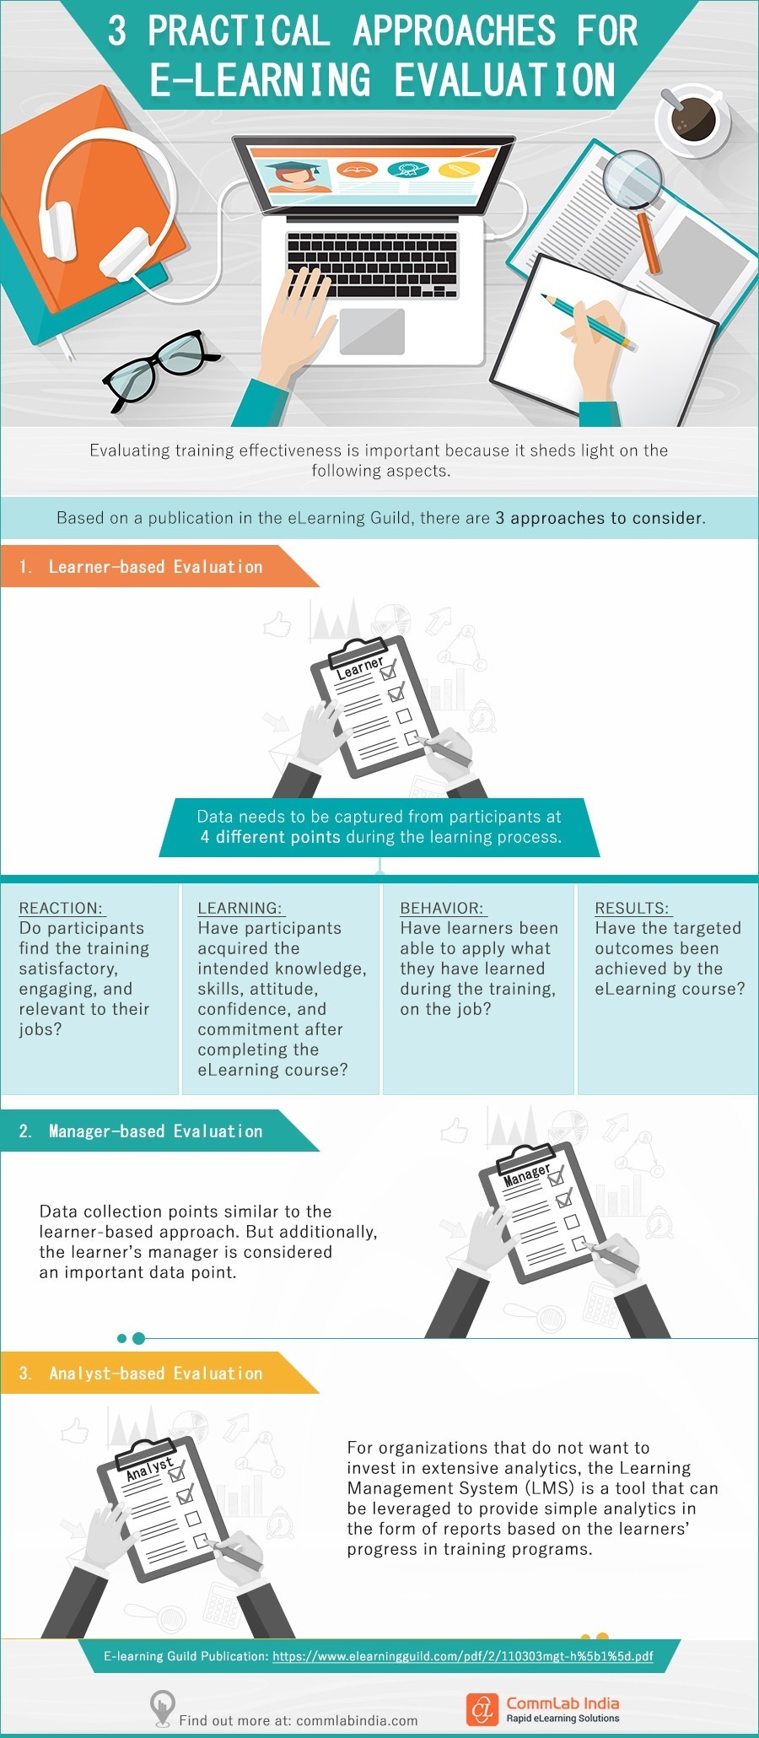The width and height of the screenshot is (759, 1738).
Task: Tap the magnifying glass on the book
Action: coord(634,179)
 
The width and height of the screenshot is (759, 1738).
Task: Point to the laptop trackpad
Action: coord(372,331)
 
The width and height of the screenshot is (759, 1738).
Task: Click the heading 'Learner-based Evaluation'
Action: coord(155,567)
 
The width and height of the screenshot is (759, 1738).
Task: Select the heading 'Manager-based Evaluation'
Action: coord(155,1131)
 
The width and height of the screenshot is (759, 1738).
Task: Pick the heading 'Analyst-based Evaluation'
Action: coord(155,1374)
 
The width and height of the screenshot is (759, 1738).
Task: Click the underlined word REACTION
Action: coord(61,908)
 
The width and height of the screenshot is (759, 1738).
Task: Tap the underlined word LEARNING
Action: coord(240,908)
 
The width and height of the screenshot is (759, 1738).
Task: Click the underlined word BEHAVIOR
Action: coord(443,908)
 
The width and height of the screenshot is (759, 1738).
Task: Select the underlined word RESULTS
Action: coord(632,908)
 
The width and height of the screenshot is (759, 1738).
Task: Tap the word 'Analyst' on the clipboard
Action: coord(149,1469)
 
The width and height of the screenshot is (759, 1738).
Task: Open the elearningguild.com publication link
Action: coord(462,1656)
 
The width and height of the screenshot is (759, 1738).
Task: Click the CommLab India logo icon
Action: coord(482,1709)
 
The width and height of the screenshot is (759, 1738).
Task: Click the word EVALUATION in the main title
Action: coord(504,80)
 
